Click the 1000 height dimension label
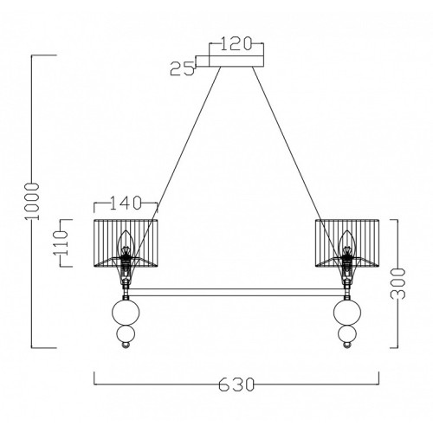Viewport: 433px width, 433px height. pyautogui.click(x=32, y=201)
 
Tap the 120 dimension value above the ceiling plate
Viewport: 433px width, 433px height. pyautogui.click(x=236, y=44)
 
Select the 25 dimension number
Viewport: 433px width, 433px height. pyautogui.click(x=182, y=69)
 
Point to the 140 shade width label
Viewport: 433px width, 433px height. pyautogui.click(x=126, y=203)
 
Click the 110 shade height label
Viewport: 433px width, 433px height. pyautogui.click(x=60, y=242)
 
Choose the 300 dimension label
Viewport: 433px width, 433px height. pyautogui.click(x=398, y=283)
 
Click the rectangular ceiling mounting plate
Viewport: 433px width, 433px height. pyautogui.click(x=236, y=61)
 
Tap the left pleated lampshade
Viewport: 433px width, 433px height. pyautogui.click(x=126, y=243)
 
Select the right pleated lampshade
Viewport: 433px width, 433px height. pyautogui.click(x=347, y=243)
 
